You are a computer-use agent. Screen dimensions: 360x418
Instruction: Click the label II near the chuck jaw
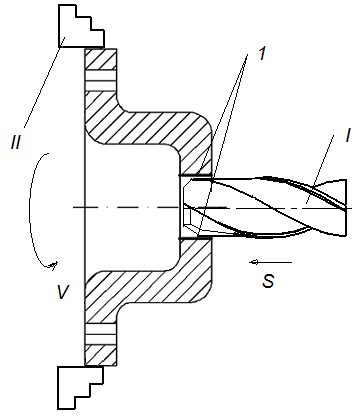coord(16,142)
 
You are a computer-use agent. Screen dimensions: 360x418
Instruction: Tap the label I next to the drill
coord(348,136)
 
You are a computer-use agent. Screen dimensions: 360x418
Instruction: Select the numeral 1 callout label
coord(262,53)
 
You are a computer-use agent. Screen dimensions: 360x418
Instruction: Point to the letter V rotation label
coord(62,292)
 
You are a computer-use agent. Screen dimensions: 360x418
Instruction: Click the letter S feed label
coord(268,280)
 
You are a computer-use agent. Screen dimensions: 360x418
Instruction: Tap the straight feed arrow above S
coord(271,262)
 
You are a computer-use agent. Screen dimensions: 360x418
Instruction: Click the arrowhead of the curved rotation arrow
coord(54,266)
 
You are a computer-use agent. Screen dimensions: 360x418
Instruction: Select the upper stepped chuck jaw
coord(81,26)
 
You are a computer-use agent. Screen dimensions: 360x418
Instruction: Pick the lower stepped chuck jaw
coord(80,388)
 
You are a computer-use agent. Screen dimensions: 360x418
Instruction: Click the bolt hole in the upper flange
coord(101,80)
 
